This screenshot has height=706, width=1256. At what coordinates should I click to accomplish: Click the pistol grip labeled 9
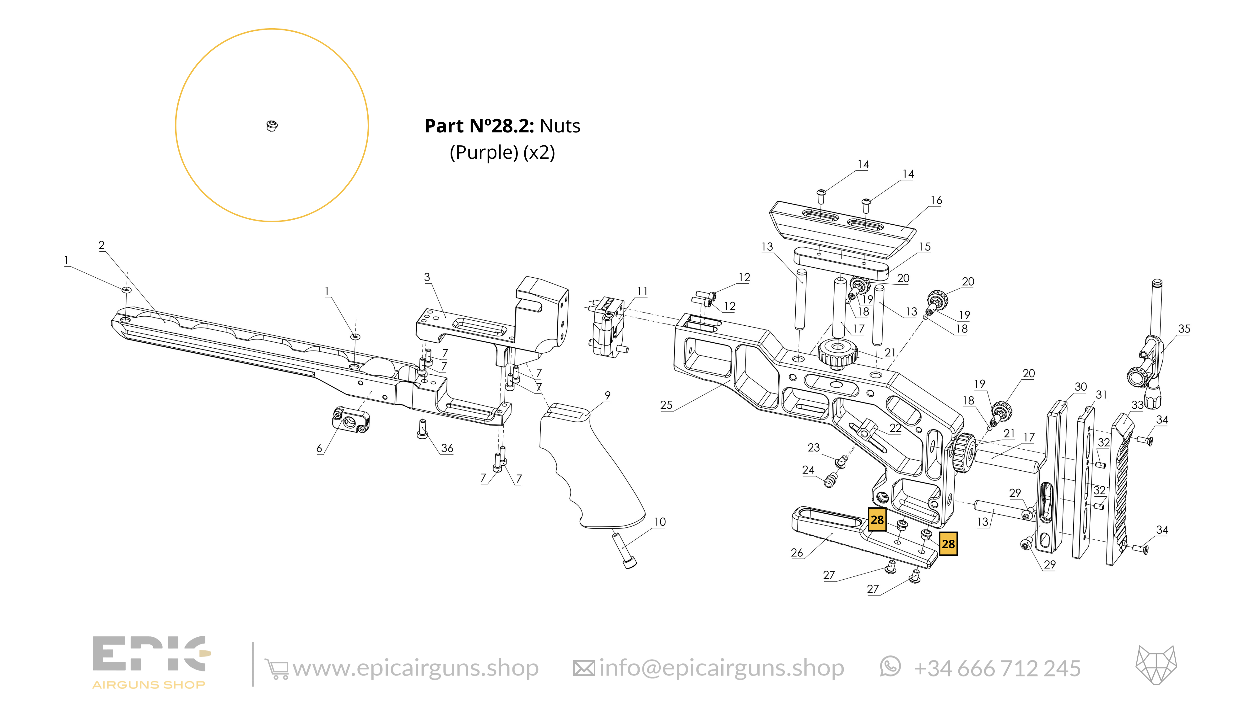pos(585,468)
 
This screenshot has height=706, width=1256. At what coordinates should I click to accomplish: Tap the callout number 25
pos(666,405)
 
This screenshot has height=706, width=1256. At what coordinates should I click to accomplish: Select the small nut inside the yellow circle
pos(272,126)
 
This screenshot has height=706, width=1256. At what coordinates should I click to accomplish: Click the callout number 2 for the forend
pos(101,245)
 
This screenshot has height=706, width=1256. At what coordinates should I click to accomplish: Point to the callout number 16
pos(936,200)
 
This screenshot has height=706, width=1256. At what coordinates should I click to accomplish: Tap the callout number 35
pos(1184,329)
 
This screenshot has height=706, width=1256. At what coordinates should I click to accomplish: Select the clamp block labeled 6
pos(350,419)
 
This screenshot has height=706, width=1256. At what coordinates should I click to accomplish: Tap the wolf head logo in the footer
pos(1156,665)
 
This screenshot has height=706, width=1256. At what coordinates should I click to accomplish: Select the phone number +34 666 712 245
pos(997,668)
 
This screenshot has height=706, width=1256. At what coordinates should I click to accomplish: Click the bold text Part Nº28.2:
pos(479,126)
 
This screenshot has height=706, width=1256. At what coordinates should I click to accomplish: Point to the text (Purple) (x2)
pos(502,152)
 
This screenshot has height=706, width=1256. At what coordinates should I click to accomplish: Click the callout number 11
pos(642,291)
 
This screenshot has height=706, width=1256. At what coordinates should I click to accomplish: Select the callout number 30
pos(1080,387)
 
